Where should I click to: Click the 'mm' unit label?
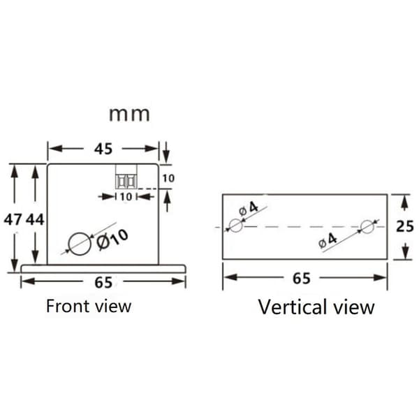[x=129, y=115]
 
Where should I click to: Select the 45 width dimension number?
[x=103, y=149]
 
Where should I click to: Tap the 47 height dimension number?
[x=13, y=220]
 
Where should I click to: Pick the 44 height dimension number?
[x=35, y=220]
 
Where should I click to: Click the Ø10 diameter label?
[x=112, y=240]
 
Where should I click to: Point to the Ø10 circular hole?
[x=80, y=244]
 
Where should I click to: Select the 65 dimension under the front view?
[x=103, y=282]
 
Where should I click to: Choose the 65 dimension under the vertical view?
[x=302, y=278]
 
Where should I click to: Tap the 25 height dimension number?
[x=405, y=226]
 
